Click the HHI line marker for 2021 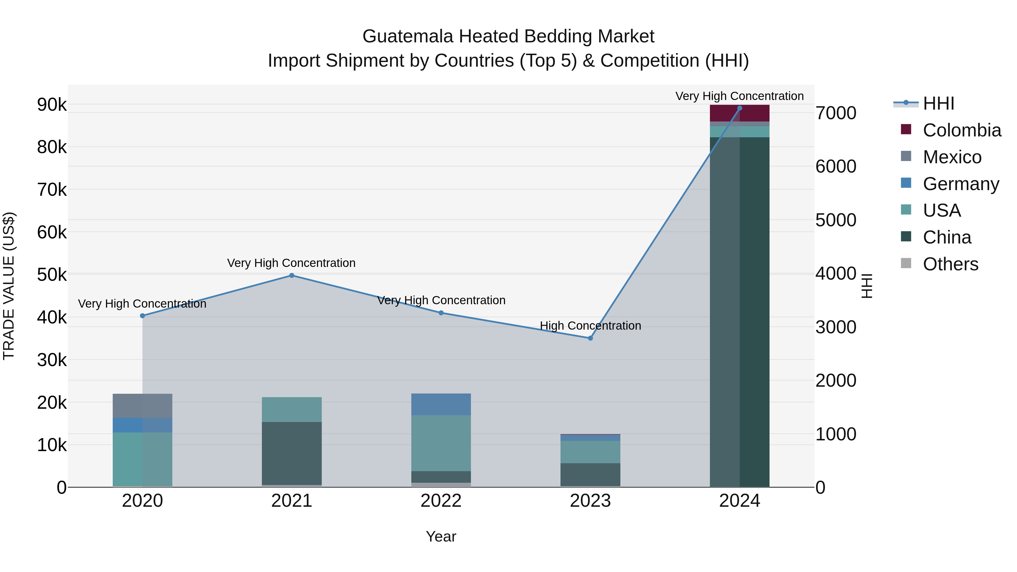(292, 275)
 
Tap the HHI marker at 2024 (740, 108)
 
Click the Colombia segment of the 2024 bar (740, 114)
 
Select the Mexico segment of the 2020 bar (143, 406)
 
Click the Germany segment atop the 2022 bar (441, 404)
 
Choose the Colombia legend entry (962, 130)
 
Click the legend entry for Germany (960, 184)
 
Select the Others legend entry (950, 264)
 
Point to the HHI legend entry (938, 103)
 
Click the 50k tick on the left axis (52, 275)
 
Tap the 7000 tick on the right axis (836, 113)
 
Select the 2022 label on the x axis (441, 501)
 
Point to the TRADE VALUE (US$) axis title (9, 286)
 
